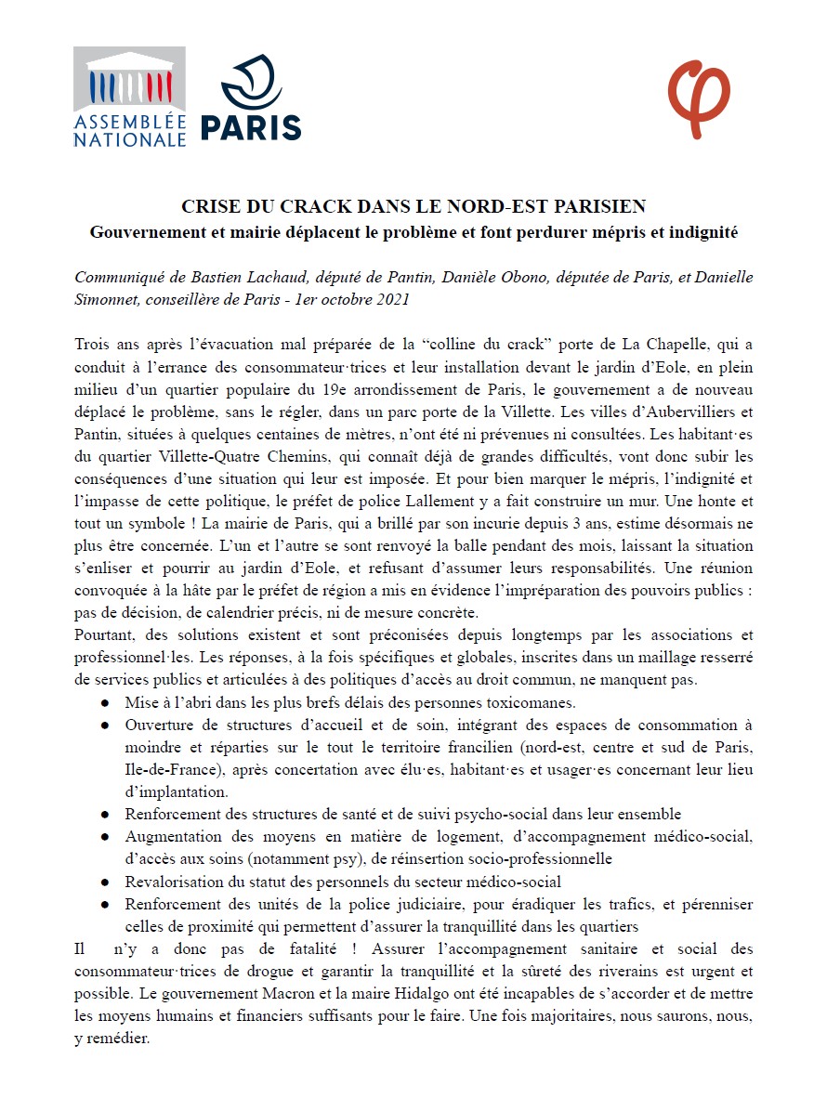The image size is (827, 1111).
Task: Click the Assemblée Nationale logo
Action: click(130, 98)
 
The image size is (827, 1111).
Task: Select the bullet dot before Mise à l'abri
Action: click(107, 702)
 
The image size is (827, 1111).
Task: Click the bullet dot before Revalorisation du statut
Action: click(107, 881)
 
